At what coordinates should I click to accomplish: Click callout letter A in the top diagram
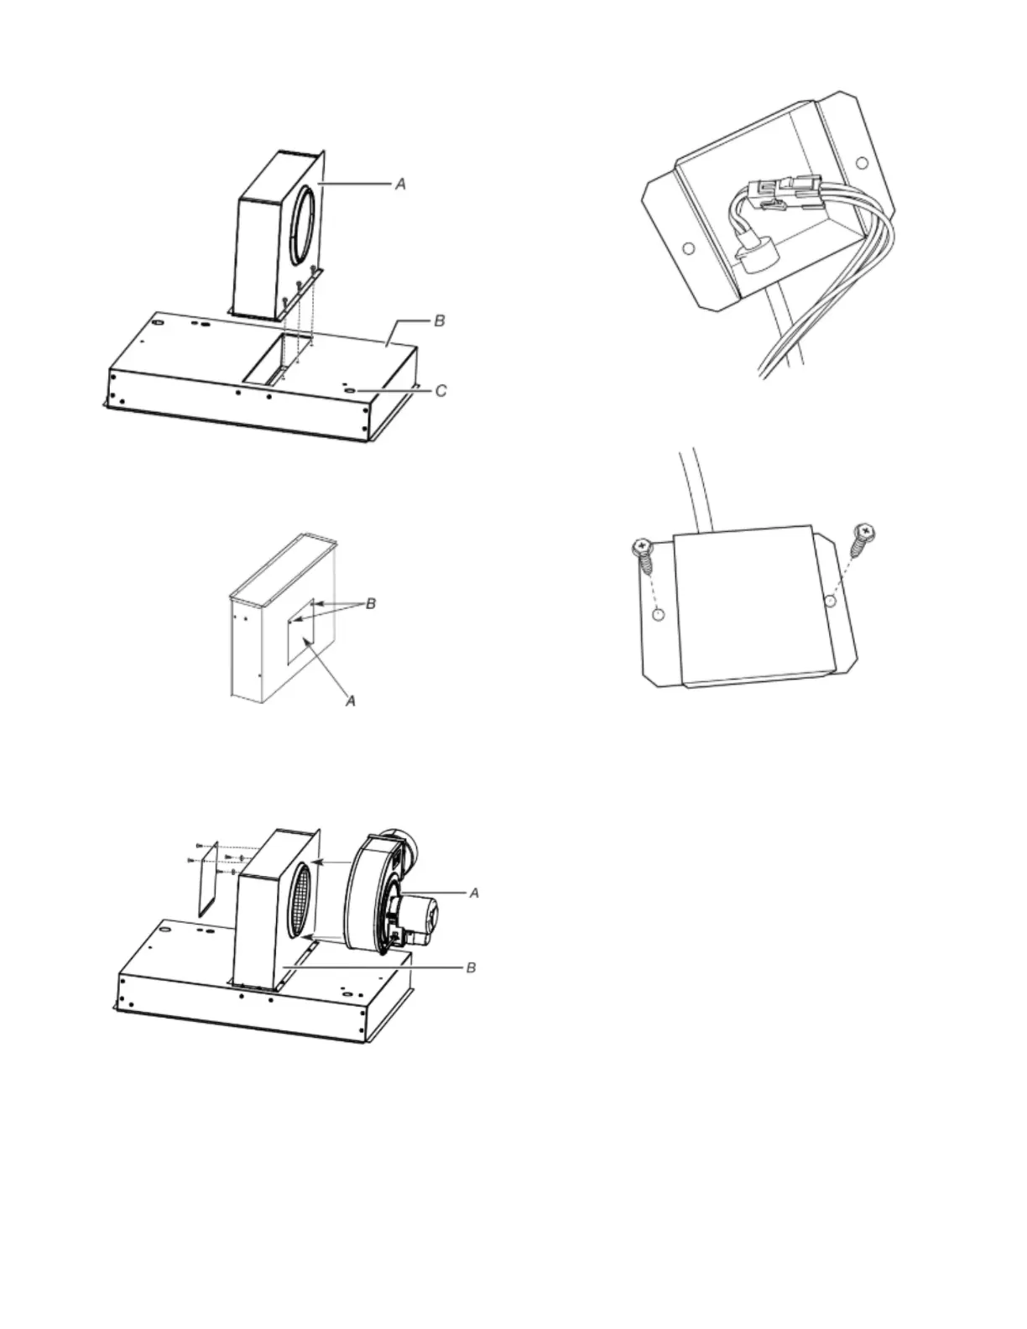(401, 183)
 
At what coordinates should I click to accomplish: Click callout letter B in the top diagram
(439, 321)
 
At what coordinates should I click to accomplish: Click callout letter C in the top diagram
(441, 390)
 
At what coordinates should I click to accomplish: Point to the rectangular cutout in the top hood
(273, 359)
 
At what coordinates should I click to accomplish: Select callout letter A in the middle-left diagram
(352, 700)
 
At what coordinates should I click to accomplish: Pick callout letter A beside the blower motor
(474, 894)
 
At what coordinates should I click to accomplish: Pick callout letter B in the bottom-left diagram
(472, 967)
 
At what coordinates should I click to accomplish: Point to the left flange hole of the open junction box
(688, 248)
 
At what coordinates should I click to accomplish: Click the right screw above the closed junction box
(863, 538)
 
